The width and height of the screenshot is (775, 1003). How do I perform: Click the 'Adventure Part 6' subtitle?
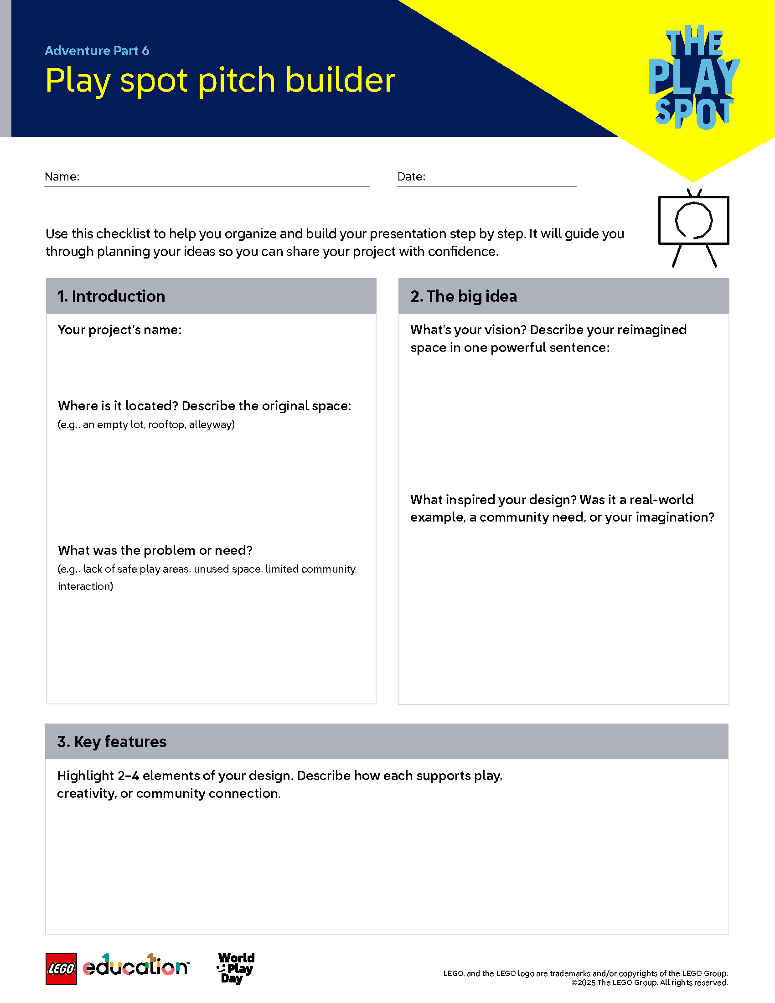(x=97, y=51)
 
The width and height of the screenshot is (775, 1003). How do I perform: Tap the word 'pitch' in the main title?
(x=237, y=81)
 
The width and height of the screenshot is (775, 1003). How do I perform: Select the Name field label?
(x=62, y=177)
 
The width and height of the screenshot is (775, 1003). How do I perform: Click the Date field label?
(x=411, y=177)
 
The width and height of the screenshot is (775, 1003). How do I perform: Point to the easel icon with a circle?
(x=694, y=227)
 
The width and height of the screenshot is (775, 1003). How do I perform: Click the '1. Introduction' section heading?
(x=111, y=296)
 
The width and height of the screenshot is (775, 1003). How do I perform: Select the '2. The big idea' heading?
(x=464, y=296)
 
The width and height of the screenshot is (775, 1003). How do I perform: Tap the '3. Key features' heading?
(x=112, y=742)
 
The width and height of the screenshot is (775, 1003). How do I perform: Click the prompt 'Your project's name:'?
(x=120, y=330)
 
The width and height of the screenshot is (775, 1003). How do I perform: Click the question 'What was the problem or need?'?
(x=155, y=550)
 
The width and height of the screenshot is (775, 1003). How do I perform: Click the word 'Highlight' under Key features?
(x=85, y=776)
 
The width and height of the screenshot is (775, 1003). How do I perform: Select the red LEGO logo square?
(x=61, y=969)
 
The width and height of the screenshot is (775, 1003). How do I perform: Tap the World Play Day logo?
(x=236, y=967)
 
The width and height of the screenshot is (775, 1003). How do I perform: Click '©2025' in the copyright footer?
(x=583, y=983)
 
